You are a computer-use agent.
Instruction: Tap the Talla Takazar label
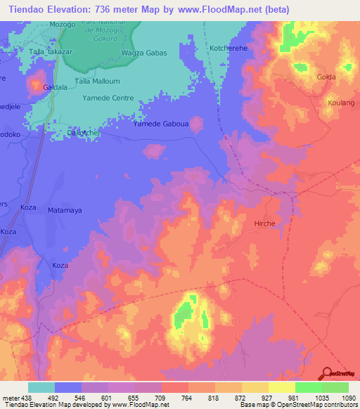click(x=51, y=52)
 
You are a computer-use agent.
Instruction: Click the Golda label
click(x=326, y=77)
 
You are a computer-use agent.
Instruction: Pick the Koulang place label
click(x=340, y=103)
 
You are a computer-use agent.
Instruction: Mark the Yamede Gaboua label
click(x=161, y=124)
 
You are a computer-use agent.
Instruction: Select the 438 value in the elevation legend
click(x=24, y=398)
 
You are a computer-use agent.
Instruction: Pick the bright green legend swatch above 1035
click(x=308, y=387)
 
